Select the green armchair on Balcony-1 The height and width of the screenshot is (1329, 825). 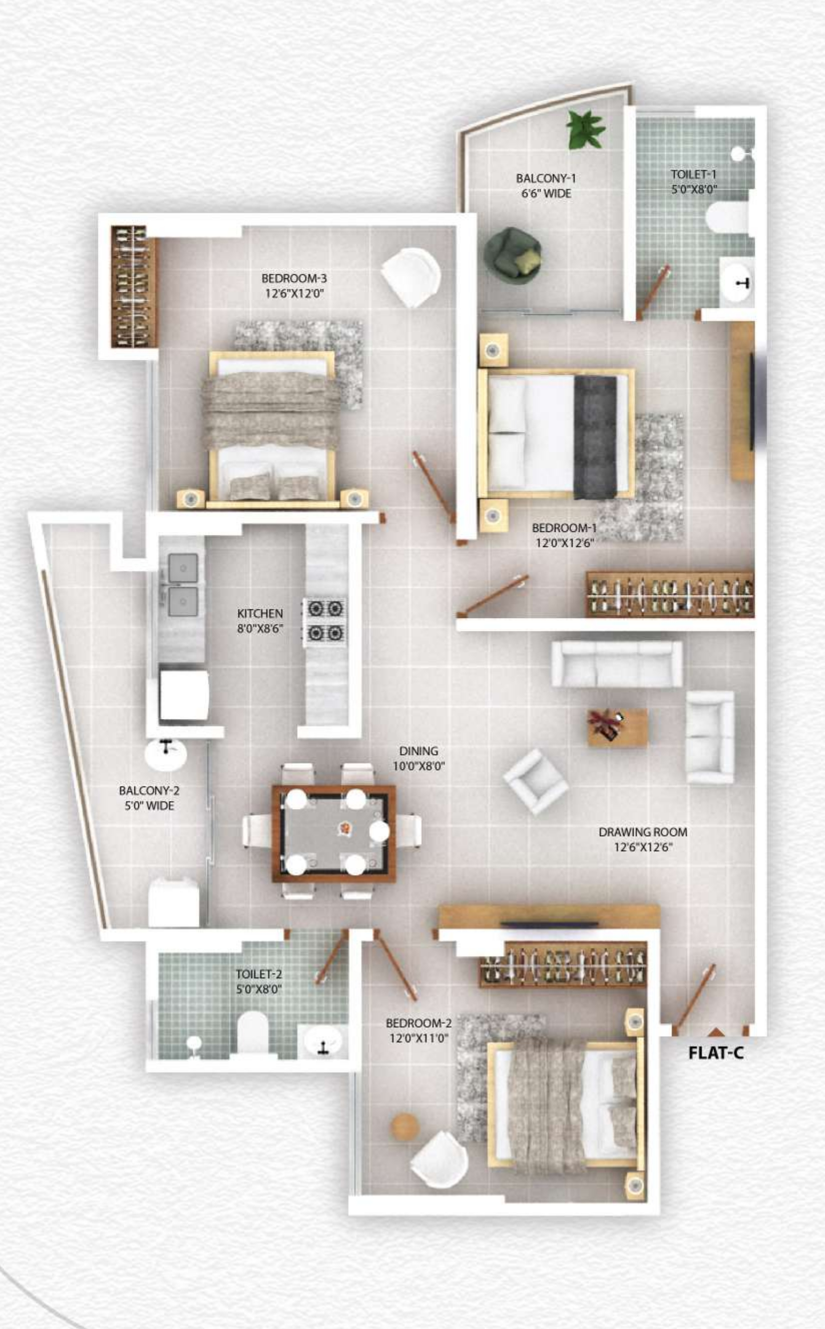tap(512, 255)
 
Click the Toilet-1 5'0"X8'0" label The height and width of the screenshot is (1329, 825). tap(693, 182)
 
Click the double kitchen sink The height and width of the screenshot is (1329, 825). tap(183, 584)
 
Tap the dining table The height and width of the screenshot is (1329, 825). tap(334, 833)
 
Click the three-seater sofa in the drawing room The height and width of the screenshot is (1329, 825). tap(617, 663)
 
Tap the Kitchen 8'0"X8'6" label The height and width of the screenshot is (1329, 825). tap(260, 620)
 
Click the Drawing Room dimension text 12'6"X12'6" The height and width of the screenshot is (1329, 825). tap(643, 847)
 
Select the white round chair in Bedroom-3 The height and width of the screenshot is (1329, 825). tap(412, 277)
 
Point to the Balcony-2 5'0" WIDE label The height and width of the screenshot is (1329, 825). tap(149, 798)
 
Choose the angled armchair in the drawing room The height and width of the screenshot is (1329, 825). tap(535, 782)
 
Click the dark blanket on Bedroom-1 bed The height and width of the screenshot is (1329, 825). tap(595, 437)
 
